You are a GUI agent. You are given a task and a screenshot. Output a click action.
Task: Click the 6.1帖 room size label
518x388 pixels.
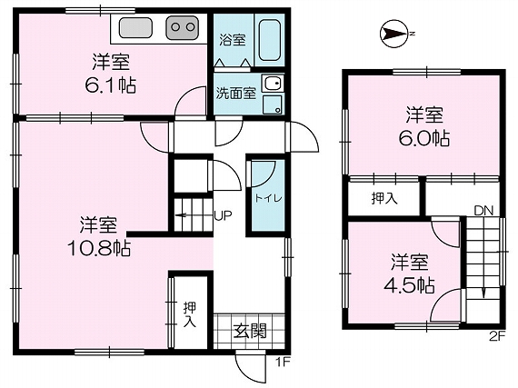tap(110, 85)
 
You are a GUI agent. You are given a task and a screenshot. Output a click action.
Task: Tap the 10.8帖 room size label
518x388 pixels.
tap(99, 248)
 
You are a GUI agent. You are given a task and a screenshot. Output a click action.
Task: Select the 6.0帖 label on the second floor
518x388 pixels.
tap(424, 139)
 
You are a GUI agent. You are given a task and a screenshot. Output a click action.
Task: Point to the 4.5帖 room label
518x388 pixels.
tap(409, 285)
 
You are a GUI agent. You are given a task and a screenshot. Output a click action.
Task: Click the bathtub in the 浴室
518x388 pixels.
tap(270, 41)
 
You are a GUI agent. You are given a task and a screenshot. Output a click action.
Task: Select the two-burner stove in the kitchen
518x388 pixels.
tap(183, 27)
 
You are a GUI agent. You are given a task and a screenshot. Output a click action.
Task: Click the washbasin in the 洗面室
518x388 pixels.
tap(273, 84)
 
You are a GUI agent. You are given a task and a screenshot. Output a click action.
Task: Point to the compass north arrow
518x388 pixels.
tap(393, 34)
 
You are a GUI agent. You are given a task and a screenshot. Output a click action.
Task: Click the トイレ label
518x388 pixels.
tap(268, 198)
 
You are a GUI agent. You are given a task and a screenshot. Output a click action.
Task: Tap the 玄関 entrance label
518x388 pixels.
tap(250, 331)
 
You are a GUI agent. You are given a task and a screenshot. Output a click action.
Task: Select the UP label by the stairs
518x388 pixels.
tap(223, 215)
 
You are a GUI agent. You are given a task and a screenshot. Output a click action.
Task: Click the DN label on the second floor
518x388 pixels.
tap(483, 210)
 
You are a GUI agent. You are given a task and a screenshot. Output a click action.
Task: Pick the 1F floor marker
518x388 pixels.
tap(284, 363)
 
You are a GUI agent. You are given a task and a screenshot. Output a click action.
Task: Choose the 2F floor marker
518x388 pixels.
tap(498, 336)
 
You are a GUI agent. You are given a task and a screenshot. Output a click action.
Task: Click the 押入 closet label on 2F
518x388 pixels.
tap(384, 198)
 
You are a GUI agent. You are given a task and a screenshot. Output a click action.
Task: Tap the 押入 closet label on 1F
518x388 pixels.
tap(190, 314)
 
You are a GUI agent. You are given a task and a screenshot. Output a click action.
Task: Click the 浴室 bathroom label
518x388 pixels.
tap(233, 40)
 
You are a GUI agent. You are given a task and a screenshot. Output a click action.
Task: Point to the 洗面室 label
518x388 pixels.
tap(236, 94)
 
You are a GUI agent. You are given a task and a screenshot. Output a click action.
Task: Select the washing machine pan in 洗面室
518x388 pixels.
tap(273, 104)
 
